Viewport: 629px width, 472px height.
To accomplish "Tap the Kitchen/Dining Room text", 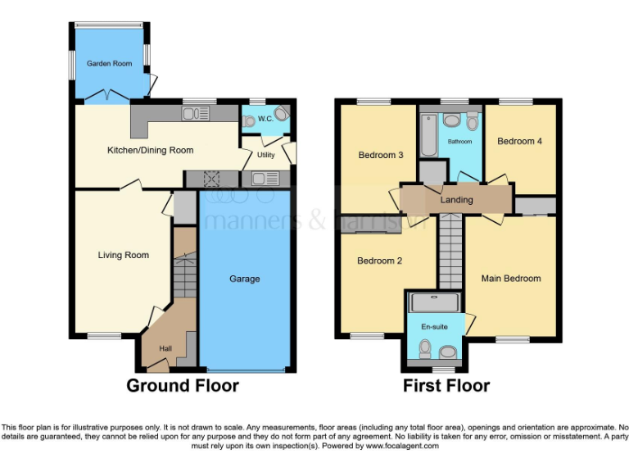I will (151, 150).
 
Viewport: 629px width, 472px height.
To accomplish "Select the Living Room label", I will (124, 255).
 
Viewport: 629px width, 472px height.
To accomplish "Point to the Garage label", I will (244, 279).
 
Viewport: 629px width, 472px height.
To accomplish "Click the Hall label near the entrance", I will (165, 349).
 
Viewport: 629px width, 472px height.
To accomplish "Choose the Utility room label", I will (265, 154).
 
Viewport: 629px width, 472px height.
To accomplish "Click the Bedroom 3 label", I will (380, 155).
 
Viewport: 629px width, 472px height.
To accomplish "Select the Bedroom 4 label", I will (519, 141).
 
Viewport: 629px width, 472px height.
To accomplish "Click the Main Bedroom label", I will (511, 279).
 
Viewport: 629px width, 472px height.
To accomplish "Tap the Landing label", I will (456, 200).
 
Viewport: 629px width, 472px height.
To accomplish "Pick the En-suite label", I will (434, 327).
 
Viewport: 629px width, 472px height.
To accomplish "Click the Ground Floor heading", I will (183, 386).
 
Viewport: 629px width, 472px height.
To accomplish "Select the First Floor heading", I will (446, 386).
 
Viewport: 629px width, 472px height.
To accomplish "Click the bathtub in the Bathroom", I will (428, 134).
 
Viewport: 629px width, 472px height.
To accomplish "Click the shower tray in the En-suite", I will (435, 302).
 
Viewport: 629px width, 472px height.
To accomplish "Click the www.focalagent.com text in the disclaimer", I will (401, 447).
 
